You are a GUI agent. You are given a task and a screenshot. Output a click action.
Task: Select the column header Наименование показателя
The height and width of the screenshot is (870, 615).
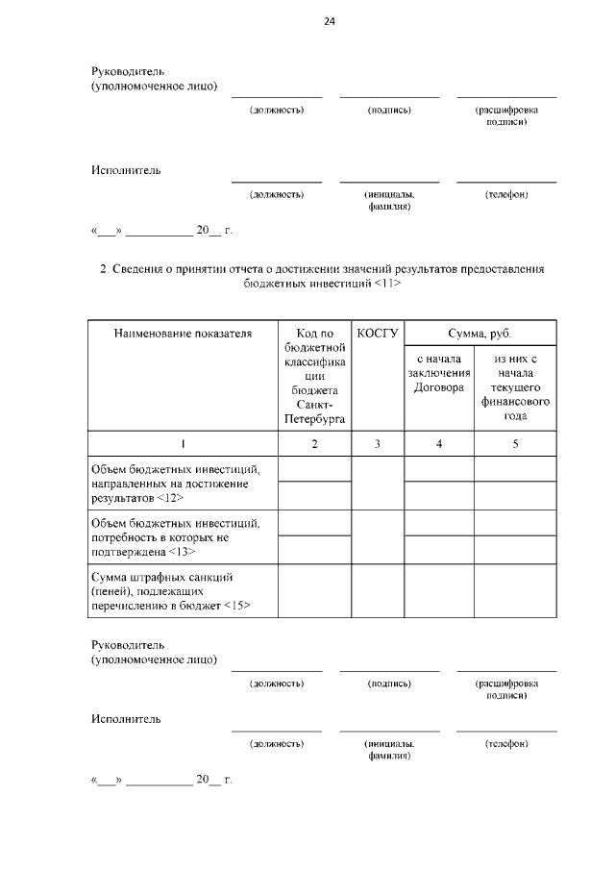coord(183,335)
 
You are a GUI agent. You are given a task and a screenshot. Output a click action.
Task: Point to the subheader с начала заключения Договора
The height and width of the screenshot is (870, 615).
coord(438,373)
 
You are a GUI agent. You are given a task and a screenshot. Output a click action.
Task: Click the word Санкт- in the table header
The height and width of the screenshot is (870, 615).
coord(314,406)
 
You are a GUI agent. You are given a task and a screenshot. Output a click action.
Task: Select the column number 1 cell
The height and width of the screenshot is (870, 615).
coord(183,444)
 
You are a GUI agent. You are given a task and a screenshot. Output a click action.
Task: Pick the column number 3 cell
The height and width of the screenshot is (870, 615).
coord(377,444)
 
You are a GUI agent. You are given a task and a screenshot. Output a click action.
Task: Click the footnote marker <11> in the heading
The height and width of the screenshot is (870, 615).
coord(382,285)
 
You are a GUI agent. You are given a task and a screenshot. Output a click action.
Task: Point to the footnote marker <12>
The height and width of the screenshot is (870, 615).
coord(165,499)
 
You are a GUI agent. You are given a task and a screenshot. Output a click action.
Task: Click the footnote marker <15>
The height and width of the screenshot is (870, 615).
coord(235,605)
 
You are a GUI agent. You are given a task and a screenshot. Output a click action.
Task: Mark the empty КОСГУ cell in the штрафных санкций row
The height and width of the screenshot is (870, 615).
coord(377,590)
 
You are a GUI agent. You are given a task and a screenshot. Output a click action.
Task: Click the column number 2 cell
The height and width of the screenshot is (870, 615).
coord(314,444)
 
